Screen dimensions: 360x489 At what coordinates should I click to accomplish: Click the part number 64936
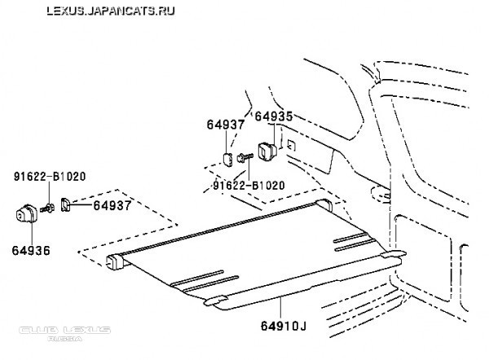30,249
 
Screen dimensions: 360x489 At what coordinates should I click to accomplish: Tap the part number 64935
273,116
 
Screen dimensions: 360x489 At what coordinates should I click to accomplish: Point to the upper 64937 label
226,124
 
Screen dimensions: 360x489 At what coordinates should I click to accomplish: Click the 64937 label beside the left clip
112,205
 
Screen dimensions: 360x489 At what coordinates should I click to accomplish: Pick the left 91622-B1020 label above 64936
50,175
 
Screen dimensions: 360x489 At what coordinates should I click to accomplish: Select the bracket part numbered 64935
267,151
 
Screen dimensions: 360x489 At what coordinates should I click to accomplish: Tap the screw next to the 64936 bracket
51,209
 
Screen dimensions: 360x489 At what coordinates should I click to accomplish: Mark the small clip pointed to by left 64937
66,209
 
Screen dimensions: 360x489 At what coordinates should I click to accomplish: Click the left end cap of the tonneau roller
114,261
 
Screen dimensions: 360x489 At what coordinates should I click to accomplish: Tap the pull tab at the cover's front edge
215,302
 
